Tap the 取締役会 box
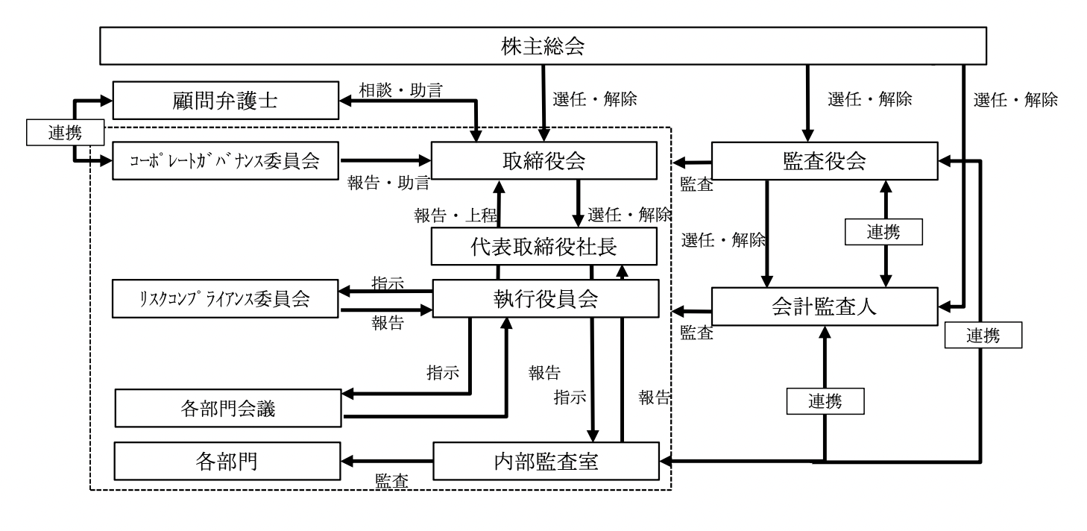pyautogui.click(x=543, y=160)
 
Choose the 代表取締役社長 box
pyautogui.click(x=543, y=246)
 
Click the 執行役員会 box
pyautogui.click(x=543, y=298)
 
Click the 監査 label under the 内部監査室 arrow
pyautogui.click(x=391, y=480)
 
